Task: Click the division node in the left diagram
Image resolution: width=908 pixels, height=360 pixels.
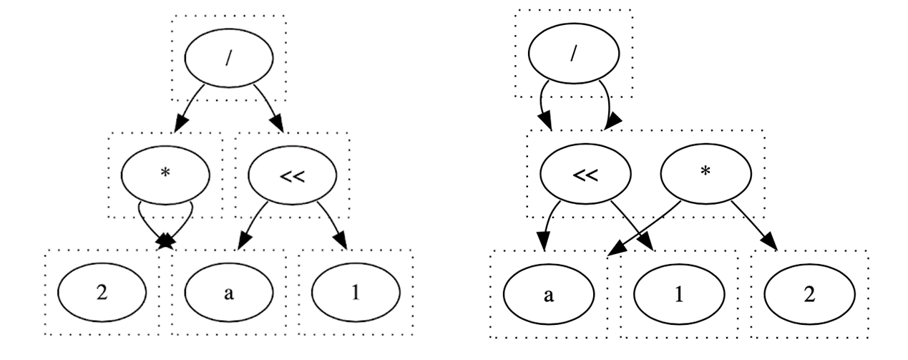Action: click(x=228, y=59)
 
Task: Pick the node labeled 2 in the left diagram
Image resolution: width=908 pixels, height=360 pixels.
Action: click(x=102, y=292)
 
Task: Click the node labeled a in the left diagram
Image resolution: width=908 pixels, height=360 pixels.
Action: click(x=228, y=292)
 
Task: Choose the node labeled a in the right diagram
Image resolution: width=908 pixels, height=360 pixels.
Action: click(x=548, y=296)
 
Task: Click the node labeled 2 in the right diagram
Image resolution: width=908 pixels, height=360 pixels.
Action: click(x=809, y=296)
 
